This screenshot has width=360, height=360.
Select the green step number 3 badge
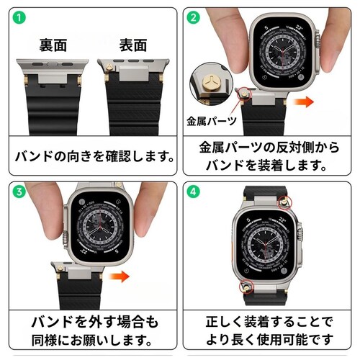(x=17, y=193)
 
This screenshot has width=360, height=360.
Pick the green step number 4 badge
(x=194, y=193)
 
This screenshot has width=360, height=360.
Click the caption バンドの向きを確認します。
(x=91, y=155)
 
